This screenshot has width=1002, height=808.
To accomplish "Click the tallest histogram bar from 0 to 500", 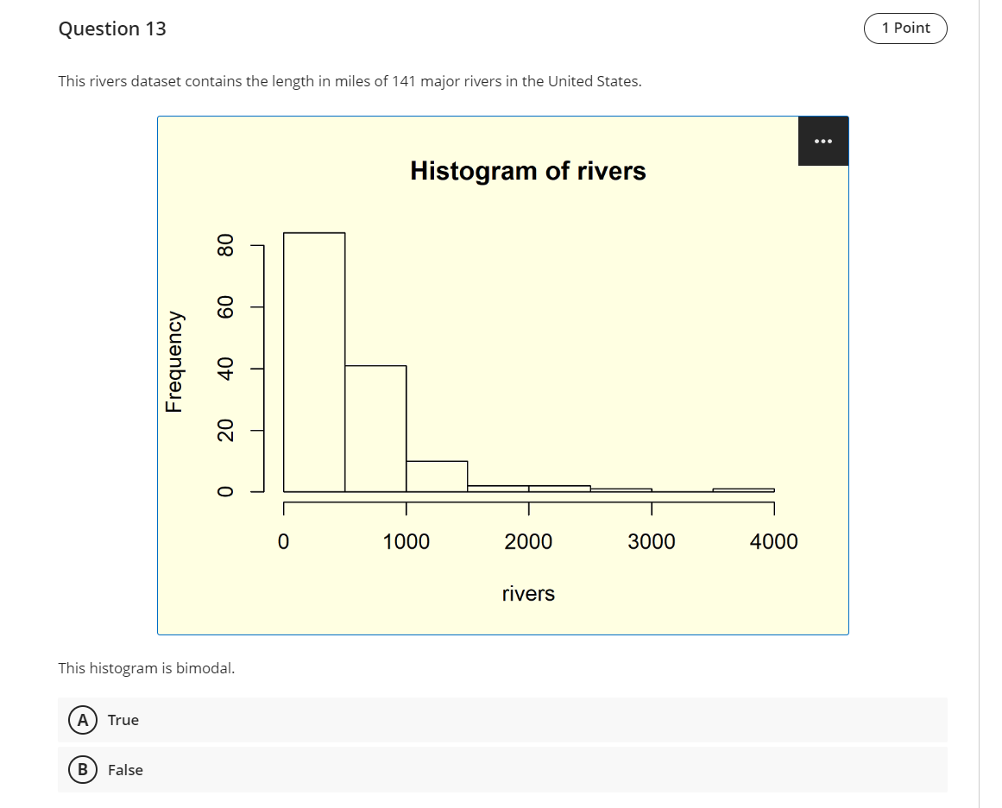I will click(x=314, y=363).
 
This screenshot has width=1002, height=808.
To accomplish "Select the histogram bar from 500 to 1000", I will click(x=375, y=429).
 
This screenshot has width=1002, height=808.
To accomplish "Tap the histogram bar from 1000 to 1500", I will click(x=437, y=477).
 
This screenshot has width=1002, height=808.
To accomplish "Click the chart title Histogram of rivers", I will click(x=527, y=171).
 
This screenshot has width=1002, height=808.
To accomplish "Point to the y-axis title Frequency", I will click(x=175, y=361).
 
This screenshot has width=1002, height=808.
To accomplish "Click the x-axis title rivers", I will click(x=528, y=594).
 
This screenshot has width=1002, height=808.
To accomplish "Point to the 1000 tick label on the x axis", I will click(x=406, y=542).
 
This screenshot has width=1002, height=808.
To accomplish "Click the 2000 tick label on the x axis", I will click(x=528, y=542).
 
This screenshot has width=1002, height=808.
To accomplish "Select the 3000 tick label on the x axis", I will click(x=652, y=542).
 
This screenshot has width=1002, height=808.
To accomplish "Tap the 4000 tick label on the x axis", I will click(x=774, y=542).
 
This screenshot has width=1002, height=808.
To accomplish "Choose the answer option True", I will click(x=123, y=720).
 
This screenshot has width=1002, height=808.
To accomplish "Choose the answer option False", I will click(x=125, y=770).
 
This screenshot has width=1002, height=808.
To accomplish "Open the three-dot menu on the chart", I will click(x=822, y=141).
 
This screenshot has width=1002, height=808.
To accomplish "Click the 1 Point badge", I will click(x=905, y=28).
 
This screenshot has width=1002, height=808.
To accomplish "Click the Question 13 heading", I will click(x=112, y=28).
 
